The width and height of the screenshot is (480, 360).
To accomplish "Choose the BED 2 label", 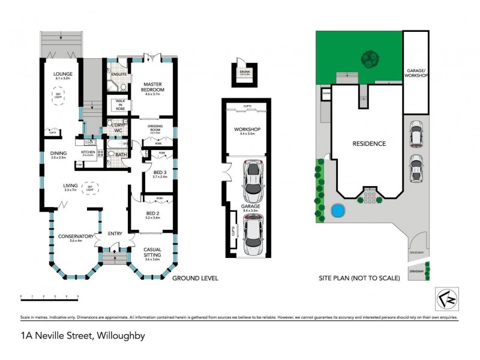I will tap(152, 215).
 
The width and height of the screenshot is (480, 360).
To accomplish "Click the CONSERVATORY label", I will tap(75, 236).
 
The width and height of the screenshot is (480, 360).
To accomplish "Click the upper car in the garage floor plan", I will tap(254, 182).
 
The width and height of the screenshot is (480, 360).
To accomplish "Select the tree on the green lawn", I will tap(370, 59).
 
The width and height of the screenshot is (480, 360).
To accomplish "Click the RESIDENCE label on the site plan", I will tap(368, 143).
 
